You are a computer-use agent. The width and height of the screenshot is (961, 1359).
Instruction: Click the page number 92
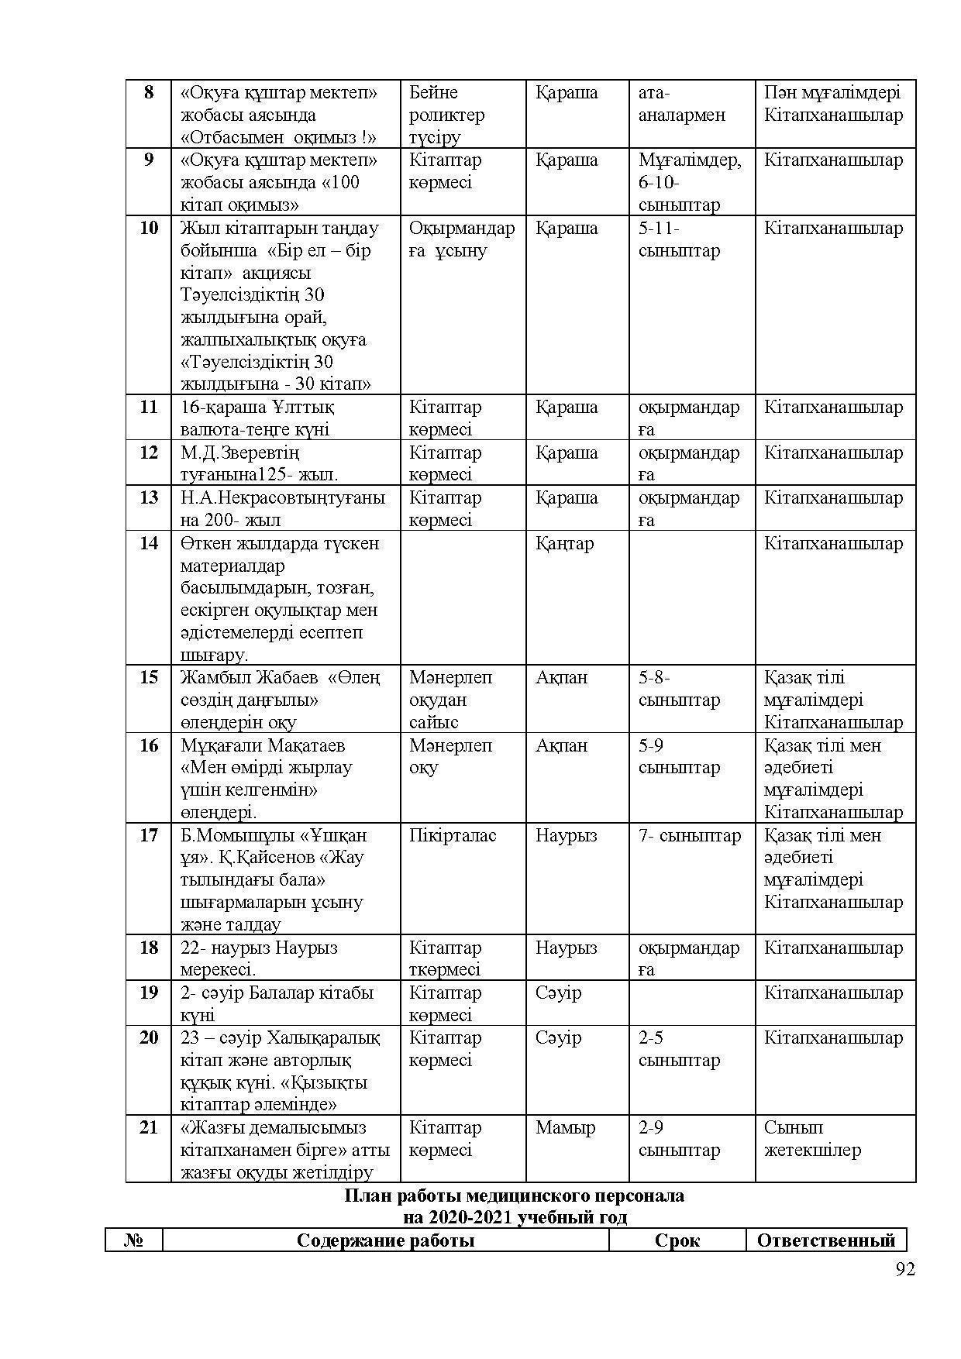click(904, 1269)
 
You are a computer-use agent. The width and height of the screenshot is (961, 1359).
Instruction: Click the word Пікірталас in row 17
click(453, 835)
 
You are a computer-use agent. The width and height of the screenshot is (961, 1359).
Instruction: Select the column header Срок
click(677, 1240)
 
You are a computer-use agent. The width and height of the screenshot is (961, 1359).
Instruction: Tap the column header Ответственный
click(825, 1240)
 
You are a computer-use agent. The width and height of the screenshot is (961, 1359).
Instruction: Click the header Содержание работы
click(385, 1240)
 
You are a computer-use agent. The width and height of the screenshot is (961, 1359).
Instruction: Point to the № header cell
click(134, 1240)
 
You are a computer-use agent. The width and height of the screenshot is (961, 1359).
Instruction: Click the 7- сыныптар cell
click(690, 835)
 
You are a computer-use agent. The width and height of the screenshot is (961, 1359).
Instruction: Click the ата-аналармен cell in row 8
click(682, 104)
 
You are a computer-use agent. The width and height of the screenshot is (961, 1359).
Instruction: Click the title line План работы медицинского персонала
click(514, 1196)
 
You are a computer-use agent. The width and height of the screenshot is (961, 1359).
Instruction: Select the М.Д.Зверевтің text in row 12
click(239, 452)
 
